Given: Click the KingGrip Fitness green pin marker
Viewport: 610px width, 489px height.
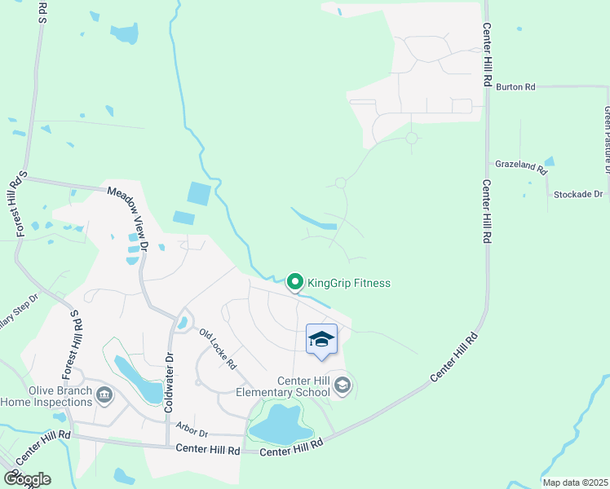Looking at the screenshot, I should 294,283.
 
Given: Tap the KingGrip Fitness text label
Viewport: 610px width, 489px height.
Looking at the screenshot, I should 349,284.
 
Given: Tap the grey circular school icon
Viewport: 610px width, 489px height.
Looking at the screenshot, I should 343,385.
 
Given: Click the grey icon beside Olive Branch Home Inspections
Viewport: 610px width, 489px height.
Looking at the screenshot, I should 104,396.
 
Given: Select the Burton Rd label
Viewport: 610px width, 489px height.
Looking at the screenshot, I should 515,86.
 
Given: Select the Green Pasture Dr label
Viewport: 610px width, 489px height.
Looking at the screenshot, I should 607,139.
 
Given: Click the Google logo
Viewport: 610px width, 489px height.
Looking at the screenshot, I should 27,478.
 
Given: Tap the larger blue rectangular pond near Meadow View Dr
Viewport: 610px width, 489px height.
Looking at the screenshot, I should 199,194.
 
